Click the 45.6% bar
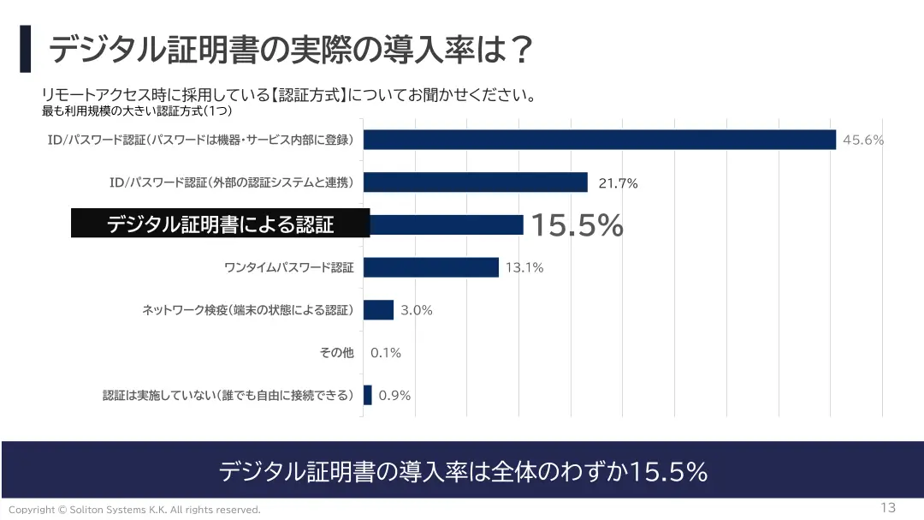click(x=599, y=140)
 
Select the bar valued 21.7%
click(x=476, y=182)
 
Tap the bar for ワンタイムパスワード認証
click(x=431, y=267)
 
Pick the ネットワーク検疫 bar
click(x=378, y=309)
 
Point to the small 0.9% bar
click(x=368, y=395)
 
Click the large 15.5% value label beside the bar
click(x=577, y=225)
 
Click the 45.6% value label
click(x=862, y=140)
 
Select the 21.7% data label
click(x=618, y=183)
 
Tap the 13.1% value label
click(x=524, y=267)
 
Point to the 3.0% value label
click(x=417, y=310)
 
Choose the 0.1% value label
click(x=386, y=352)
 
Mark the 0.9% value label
click(x=394, y=395)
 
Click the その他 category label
click(x=336, y=352)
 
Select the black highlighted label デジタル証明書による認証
click(x=220, y=224)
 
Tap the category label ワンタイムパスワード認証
click(x=288, y=267)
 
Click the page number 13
click(x=887, y=507)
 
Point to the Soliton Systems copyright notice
click(x=134, y=510)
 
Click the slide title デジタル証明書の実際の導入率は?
click(x=291, y=50)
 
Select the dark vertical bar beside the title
click(x=25, y=49)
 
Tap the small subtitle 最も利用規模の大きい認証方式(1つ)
click(x=138, y=111)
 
